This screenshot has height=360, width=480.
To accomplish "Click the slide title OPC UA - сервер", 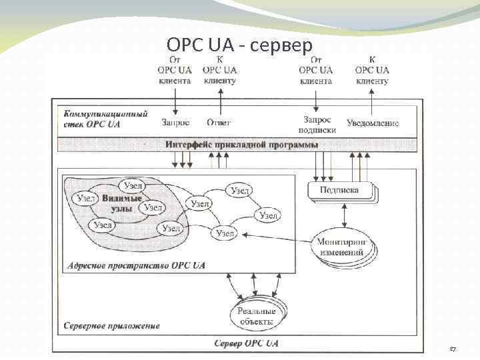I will [239, 45].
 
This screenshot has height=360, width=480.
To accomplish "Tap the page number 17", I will [453, 349].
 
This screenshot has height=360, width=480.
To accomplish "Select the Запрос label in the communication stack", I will [175, 122].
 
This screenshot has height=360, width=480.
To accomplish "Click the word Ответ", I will [219, 122].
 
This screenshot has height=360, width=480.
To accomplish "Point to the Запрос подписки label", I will [317, 125].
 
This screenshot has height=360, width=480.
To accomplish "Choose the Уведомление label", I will [373, 123].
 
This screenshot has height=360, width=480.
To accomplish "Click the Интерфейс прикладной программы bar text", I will [241, 144].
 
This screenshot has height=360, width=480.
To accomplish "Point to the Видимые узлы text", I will [122, 203].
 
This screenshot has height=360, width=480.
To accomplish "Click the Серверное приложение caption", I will [111, 326].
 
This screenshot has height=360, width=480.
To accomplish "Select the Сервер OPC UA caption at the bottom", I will [246, 343].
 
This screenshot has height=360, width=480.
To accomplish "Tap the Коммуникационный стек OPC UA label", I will [104, 119].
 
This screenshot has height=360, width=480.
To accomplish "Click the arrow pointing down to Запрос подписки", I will [316, 100].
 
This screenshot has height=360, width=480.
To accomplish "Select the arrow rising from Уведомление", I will [372, 100].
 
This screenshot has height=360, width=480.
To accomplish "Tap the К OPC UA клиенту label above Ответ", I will [219, 69].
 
